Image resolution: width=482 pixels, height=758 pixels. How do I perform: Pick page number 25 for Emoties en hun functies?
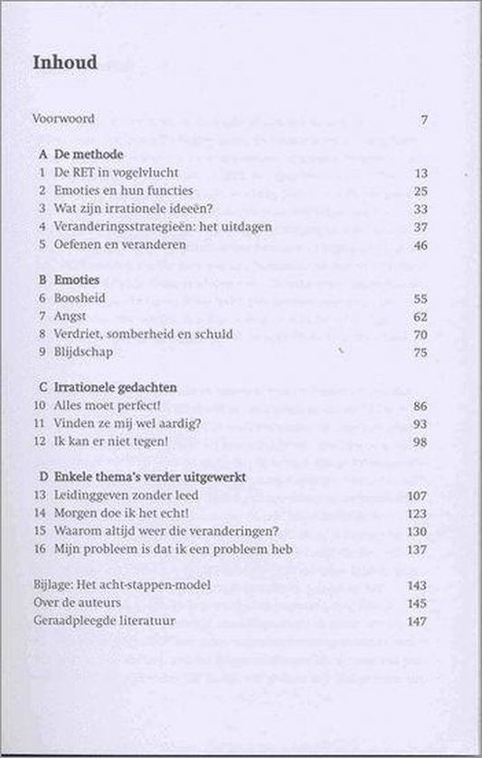[420, 191]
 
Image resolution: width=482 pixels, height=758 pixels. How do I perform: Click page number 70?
[420, 334]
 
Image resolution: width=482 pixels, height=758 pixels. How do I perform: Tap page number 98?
[420, 441]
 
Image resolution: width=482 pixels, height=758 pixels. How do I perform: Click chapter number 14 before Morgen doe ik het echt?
[39, 513]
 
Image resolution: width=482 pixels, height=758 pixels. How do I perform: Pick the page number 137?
[417, 549]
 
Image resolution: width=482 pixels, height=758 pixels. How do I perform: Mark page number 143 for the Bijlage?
[417, 585]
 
